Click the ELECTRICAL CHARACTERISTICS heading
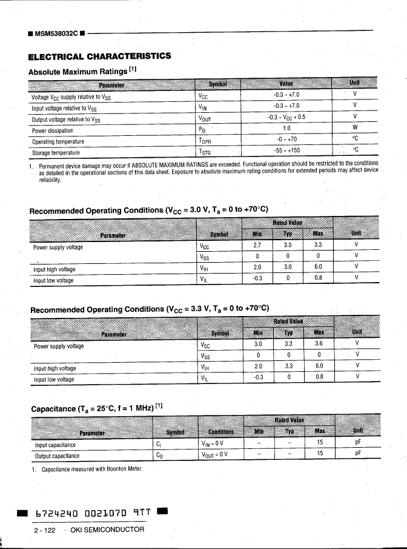[x=99, y=56]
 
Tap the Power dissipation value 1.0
[x=286, y=129]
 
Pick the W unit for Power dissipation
[x=355, y=128]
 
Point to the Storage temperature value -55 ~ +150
[x=286, y=151]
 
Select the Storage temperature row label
[x=56, y=152]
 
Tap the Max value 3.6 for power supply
[x=319, y=343]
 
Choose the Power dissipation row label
[x=52, y=130]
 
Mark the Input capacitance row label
[x=55, y=444]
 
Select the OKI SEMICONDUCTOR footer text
[x=108, y=530]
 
